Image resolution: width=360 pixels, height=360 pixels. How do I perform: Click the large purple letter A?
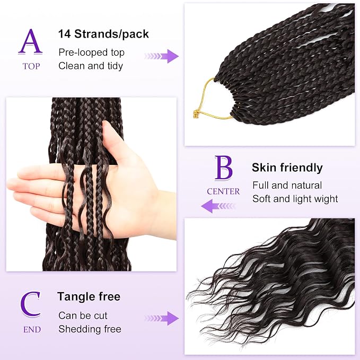tap(30, 42)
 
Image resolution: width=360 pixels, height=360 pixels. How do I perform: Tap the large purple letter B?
tap(223, 168)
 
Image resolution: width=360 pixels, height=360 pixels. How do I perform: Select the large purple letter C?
tap(30, 304)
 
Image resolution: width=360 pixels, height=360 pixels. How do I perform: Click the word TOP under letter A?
tap(31, 66)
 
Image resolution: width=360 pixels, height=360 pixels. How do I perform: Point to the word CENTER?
tap(223, 191)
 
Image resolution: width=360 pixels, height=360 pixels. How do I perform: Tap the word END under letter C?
tap(32, 330)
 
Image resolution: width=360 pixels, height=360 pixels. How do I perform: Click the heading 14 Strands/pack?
tap(103, 34)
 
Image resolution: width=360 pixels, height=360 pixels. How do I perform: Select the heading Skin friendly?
tap(287, 168)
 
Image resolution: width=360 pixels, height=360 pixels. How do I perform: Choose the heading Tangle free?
tap(89, 296)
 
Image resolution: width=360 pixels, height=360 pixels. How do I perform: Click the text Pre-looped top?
tap(91, 52)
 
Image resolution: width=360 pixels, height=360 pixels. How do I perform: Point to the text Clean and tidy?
tap(91, 66)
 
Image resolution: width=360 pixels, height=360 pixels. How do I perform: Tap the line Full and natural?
tap(287, 185)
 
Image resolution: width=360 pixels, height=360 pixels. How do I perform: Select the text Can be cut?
tap(83, 315)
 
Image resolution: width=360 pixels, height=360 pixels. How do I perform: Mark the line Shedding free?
tap(90, 329)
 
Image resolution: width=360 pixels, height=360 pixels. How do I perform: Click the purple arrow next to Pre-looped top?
tap(161, 56)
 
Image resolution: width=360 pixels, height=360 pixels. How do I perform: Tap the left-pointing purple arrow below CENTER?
tap(218, 206)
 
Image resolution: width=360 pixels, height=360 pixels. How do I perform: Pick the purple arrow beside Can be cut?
tap(161, 318)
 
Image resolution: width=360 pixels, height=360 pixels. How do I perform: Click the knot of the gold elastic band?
tap(196, 114)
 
